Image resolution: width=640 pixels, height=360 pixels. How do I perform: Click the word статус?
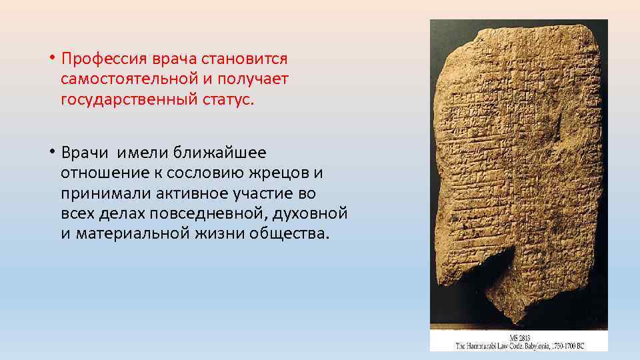[227, 100]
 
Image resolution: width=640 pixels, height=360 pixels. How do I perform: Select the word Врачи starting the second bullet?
[83, 152]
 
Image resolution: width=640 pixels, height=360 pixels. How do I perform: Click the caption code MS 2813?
[518, 338]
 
